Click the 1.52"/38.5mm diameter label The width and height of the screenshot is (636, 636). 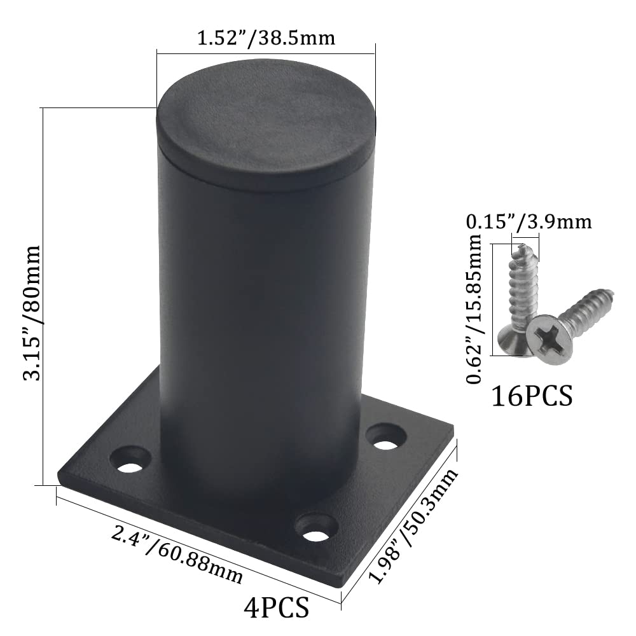[266, 38]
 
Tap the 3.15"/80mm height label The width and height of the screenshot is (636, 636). [32, 313]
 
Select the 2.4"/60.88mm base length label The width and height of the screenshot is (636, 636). [177, 555]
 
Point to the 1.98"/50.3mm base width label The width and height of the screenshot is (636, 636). [413, 526]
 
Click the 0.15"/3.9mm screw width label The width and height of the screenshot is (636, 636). [529, 222]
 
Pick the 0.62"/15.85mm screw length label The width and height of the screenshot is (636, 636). [474, 308]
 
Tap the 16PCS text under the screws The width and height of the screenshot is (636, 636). [532, 396]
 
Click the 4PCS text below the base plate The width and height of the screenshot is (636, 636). [276, 607]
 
